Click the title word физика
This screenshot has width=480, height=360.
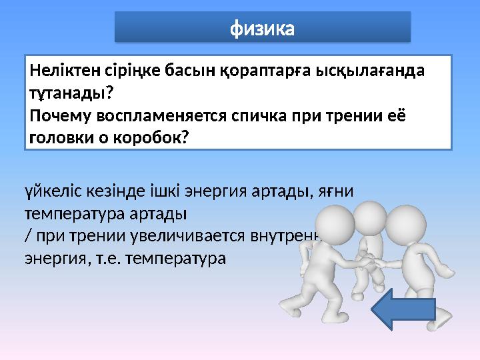[262, 29]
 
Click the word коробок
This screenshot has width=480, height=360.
[152, 137]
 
